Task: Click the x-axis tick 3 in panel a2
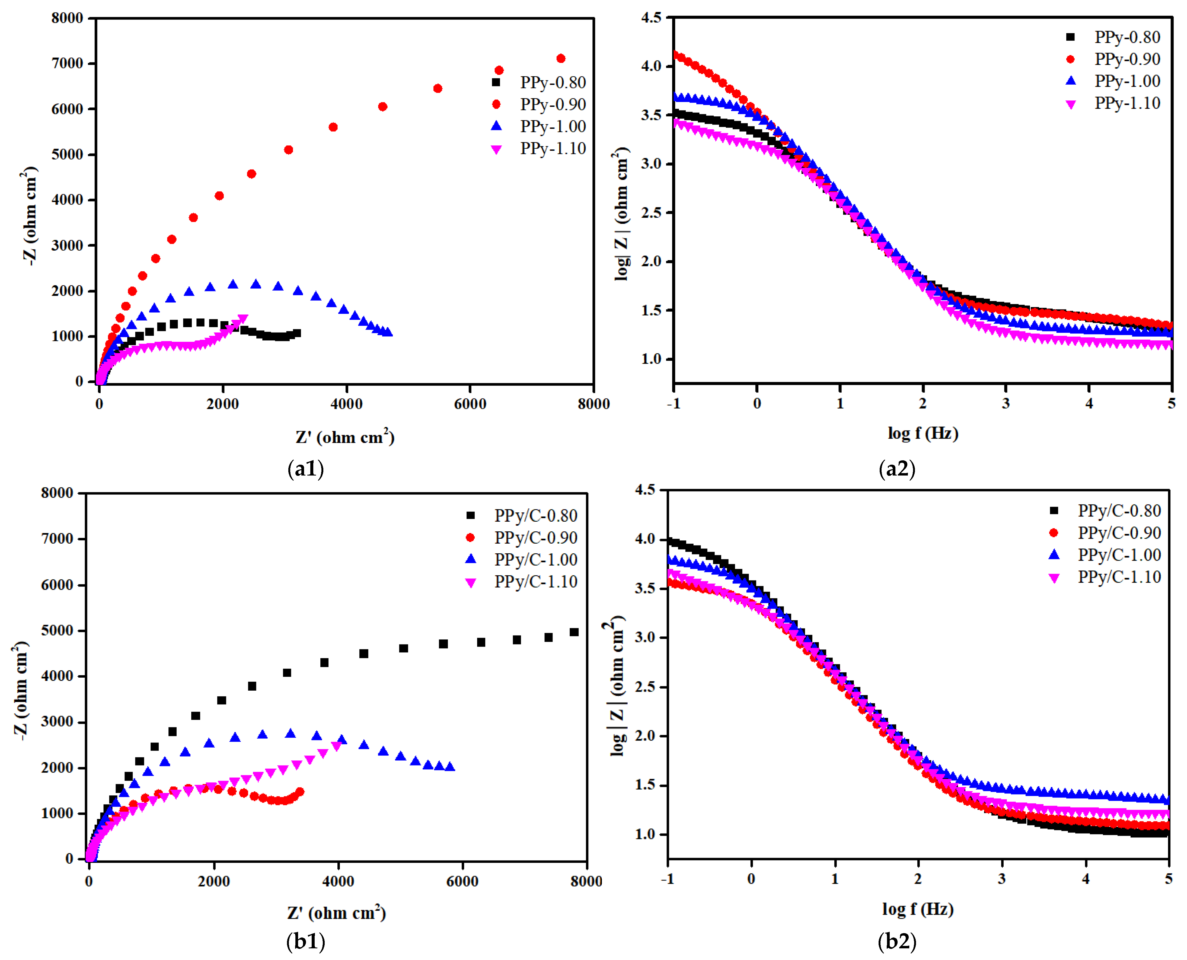pyautogui.click(x=1006, y=404)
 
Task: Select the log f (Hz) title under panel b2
pyautogui.click(x=918, y=909)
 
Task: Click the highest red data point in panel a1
pyautogui.click(x=561, y=59)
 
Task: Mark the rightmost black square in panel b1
pyautogui.click(x=575, y=632)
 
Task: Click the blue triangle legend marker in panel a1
pyautogui.click(x=496, y=126)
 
